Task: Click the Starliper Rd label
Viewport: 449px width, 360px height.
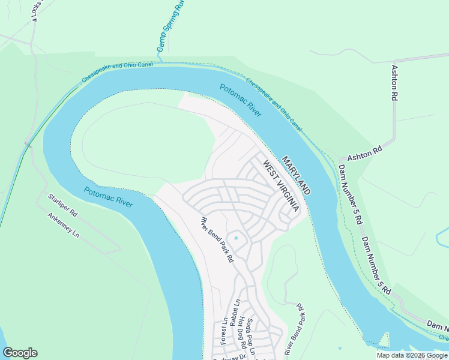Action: (63, 204)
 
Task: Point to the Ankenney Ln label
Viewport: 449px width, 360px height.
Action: (63, 224)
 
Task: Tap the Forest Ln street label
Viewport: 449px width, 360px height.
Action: (224, 330)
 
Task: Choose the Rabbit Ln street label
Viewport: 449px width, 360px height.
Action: (238, 312)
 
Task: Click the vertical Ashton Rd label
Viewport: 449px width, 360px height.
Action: (395, 83)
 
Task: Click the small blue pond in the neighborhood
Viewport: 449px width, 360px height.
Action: (236, 238)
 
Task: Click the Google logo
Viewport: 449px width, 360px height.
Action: (20, 353)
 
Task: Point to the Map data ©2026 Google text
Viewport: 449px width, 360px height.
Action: (412, 355)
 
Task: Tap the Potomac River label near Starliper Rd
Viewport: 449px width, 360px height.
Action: (108, 197)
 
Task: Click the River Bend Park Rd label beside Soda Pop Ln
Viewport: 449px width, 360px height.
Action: (293, 331)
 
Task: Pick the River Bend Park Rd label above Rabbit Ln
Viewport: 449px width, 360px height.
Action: (217, 240)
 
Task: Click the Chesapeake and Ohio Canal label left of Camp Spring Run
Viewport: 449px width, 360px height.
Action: (116, 71)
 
